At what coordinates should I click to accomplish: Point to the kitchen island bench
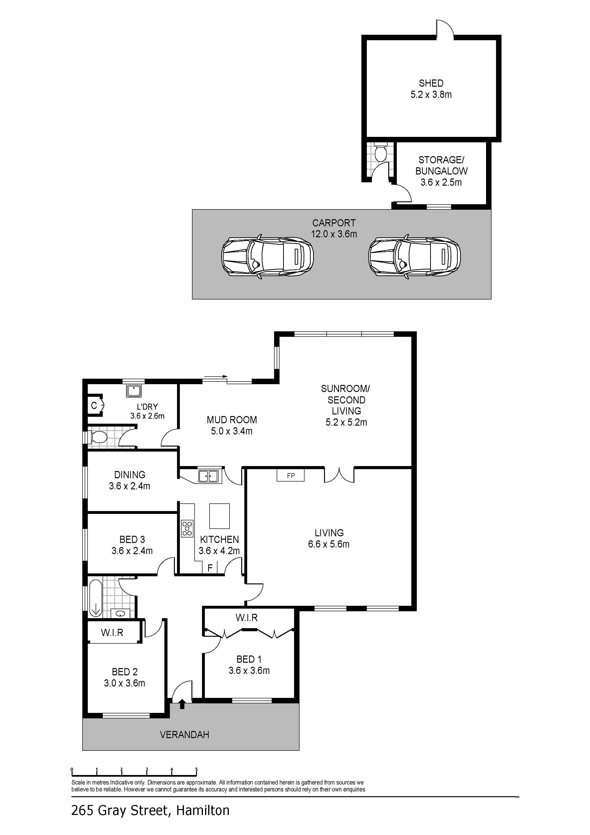click(x=220, y=516)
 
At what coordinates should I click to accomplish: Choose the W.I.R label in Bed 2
click(x=112, y=632)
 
